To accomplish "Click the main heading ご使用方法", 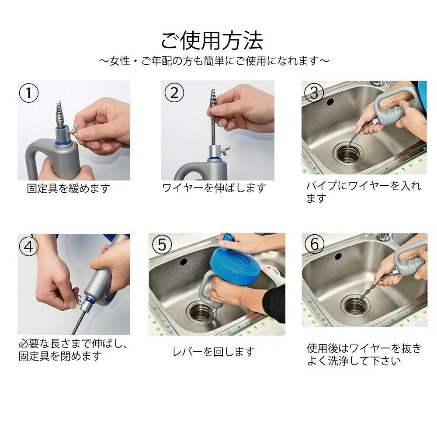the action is click(212, 41).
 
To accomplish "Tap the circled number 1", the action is click(29, 93).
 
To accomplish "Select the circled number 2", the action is click(174, 93).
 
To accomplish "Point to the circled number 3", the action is click(314, 93).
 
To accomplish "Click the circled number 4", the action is click(29, 246).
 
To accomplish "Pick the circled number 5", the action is click(162, 244).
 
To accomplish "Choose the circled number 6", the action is click(314, 244).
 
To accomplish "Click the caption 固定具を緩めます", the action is click(69, 188).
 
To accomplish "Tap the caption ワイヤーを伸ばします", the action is click(214, 188).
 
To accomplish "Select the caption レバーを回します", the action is click(214, 352).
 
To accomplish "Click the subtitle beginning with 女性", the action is click(214, 61).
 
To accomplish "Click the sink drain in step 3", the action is click(349, 154).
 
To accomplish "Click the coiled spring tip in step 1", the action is click(60, 115).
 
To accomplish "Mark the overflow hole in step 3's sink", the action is click(330, 102).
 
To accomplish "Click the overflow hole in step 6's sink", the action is click(338, 256).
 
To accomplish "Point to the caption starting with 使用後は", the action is click(364, 354).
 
